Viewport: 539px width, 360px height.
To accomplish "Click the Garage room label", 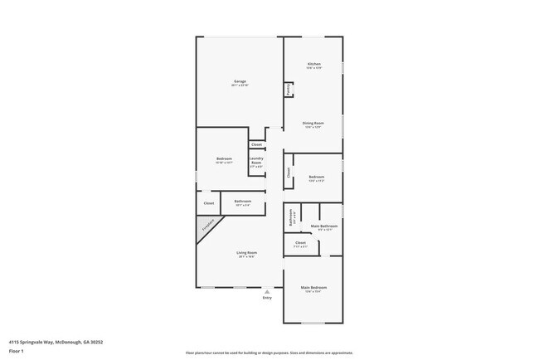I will point(240,81).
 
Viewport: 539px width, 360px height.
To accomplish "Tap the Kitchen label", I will point(314,65).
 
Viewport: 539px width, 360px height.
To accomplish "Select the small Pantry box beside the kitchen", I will point(288,90).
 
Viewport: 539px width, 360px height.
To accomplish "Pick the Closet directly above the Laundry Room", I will point(256,144).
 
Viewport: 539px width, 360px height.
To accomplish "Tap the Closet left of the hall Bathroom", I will point(208,203).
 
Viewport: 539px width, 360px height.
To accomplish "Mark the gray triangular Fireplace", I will point(208,225).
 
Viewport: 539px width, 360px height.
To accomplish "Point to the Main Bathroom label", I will point(322,226).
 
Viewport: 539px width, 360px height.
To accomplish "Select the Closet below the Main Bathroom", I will point(300,244).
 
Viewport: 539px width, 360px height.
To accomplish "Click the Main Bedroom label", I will point(312,289).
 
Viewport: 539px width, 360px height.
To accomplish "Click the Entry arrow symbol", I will point(267,292).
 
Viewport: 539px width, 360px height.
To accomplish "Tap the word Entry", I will point(267,298).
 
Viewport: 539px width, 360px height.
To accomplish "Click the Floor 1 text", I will point(17,351).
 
